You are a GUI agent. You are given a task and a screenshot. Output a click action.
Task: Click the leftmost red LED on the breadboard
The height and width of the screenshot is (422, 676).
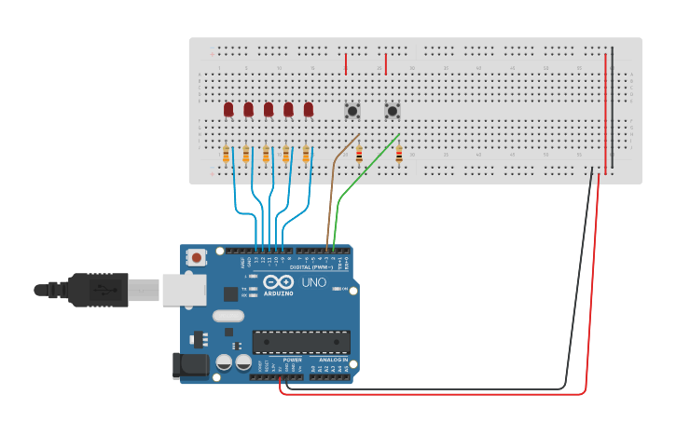click(x=228, y=110)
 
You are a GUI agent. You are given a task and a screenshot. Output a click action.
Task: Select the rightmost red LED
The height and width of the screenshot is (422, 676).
click(x=309, y=110)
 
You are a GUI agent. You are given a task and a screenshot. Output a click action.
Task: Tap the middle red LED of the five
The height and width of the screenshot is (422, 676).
click(x=269, y=110)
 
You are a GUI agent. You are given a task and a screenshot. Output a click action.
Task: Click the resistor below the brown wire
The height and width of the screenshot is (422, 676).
click(x=359, y=155)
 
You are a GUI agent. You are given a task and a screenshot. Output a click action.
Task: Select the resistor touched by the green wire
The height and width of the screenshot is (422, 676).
click(x=399, y=155)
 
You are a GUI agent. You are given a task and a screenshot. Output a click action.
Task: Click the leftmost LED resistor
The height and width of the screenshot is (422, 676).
click(x=226, y=155)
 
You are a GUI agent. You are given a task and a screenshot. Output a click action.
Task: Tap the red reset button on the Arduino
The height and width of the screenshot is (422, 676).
click(x=197, y=257)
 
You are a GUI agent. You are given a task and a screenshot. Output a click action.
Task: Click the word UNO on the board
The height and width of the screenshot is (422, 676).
click(x=313, y=282)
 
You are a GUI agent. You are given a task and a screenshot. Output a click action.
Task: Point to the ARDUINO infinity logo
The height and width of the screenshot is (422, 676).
click(x=278, y=282)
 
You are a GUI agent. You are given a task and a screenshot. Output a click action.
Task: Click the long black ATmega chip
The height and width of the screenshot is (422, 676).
click(x=301, y=342)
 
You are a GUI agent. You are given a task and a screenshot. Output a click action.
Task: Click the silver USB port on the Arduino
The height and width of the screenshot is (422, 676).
click(x=184, y=290)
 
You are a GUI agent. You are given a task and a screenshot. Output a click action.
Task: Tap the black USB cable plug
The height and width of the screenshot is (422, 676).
click(x=98, y=290)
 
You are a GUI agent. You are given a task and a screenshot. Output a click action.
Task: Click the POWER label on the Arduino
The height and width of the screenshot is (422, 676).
click(x=292, y=360)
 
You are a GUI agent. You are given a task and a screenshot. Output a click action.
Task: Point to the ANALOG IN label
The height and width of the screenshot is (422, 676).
click(x=333, y=360)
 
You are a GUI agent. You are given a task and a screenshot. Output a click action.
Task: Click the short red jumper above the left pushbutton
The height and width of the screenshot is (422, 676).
click(x=346, y=64)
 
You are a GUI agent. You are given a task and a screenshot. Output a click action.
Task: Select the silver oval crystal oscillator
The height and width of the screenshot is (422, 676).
click(x=228, y=316)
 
